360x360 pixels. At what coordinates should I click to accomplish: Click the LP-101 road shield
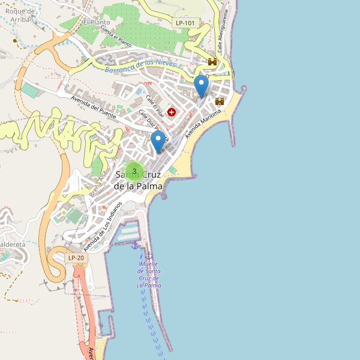point(185,23)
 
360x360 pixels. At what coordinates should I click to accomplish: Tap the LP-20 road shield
point(76,258)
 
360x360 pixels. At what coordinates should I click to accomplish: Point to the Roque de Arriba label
point(16,14)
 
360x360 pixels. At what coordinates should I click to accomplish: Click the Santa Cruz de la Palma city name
point(138,179)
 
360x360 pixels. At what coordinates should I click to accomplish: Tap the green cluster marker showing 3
point(134,171)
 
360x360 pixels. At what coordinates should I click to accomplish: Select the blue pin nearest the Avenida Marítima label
point(202,86)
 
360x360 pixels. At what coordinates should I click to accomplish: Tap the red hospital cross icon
point(172,112)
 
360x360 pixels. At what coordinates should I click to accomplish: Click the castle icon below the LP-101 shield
point(212,62)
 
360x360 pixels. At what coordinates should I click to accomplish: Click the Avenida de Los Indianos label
point(103,226)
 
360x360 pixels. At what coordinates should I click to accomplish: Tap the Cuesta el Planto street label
point(116,36)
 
